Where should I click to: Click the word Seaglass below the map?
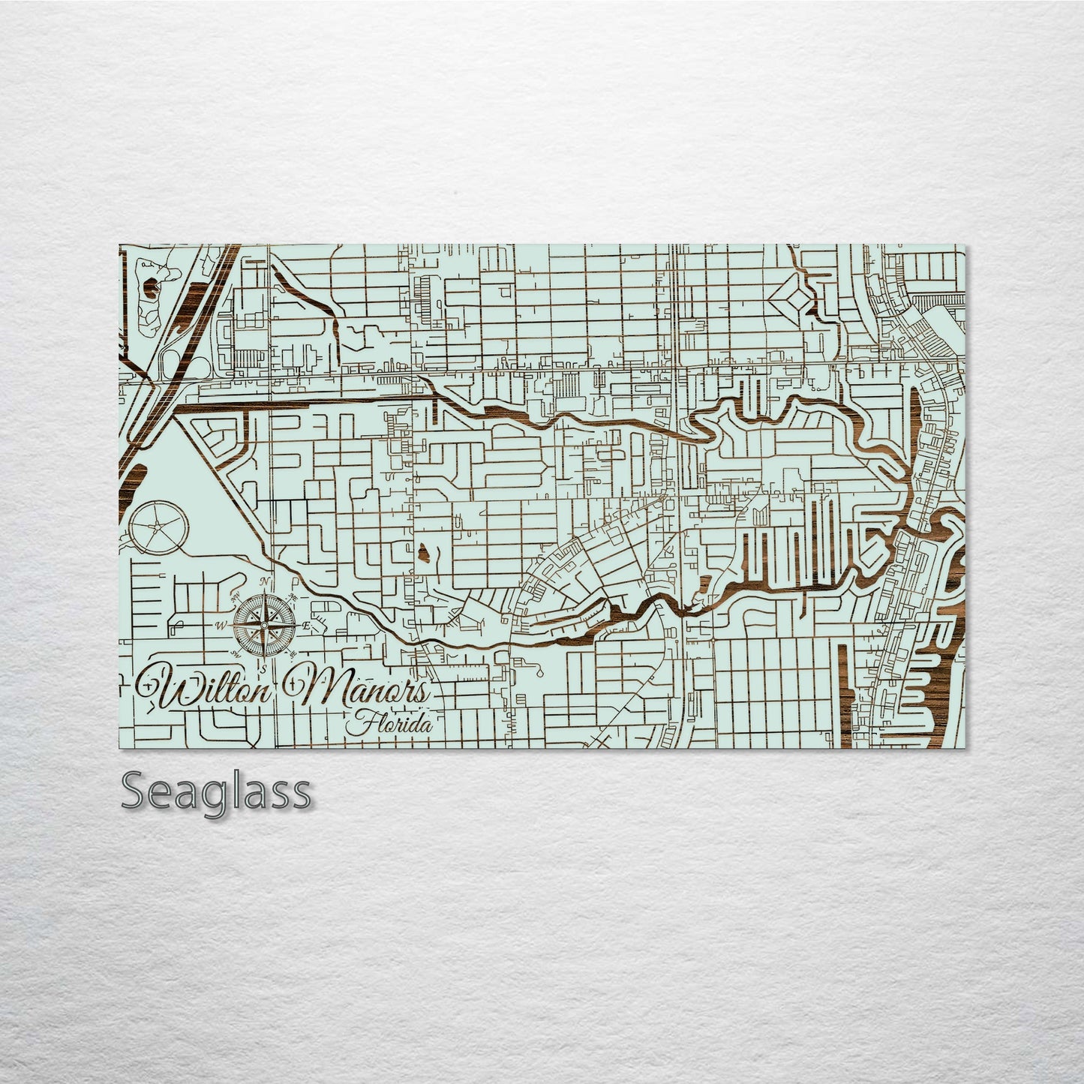pos(216,791)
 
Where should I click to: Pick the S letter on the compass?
pos(263,666)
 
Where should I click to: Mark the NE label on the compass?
pos(293,596)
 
